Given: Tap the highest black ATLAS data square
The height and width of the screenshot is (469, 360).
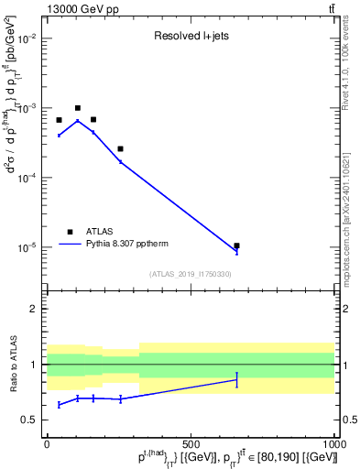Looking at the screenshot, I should pos(78,108).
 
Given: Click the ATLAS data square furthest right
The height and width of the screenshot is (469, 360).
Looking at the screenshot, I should pos(236,245).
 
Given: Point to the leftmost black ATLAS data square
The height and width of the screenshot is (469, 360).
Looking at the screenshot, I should pos(59,120).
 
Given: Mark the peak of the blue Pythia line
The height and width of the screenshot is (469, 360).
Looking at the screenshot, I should pos(78,120).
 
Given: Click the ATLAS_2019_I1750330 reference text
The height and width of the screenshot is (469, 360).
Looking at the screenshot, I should pos(191,274).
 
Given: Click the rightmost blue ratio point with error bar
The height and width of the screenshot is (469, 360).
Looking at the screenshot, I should pos(236,379).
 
